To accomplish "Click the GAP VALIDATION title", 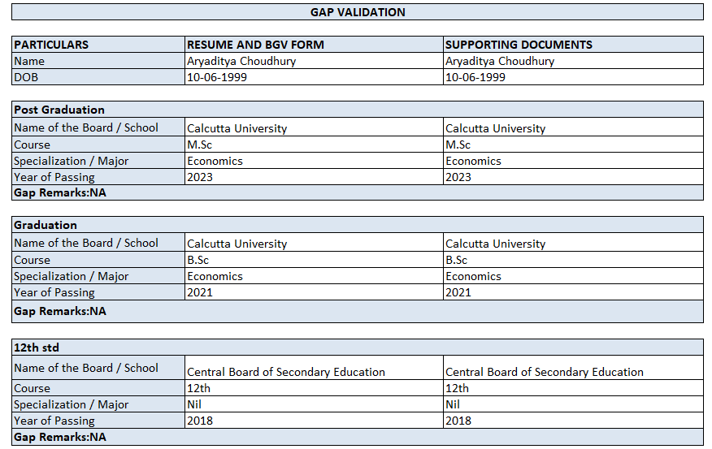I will click(358, 12).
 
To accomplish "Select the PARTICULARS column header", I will click(51, 45).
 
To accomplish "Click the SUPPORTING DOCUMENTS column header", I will click(519, 45).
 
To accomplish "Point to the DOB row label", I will click(26, 77).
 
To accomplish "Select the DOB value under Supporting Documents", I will click(475, 77).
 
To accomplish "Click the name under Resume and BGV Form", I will click(241, 61).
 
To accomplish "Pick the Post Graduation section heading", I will click(59, 110).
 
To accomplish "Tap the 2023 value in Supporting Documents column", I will click(458, 177).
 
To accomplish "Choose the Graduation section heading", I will click(46, 225).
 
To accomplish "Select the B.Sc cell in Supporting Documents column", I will click(457, 260).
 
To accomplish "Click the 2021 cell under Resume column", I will click(200, 292).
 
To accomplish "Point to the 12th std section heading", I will click(37, 348).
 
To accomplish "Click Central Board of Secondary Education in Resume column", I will click(286, 372).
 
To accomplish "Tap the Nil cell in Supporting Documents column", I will click(453, 404).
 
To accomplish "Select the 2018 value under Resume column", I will click(200, 421).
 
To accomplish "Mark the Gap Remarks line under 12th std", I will click(60, 437).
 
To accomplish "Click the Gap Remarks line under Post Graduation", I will click(60, 192).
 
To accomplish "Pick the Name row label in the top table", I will click(29, 61).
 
